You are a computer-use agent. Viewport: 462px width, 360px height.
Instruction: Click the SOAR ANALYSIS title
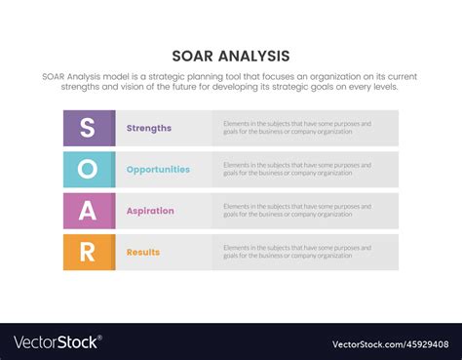(231, 56)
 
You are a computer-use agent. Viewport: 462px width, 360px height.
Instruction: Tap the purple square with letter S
(88, 128)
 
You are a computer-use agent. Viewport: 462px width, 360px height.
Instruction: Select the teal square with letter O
(88, 170)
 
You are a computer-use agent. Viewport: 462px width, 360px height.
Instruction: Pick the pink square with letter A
(88, 211)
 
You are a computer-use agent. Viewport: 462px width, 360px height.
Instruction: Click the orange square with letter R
(88, 252)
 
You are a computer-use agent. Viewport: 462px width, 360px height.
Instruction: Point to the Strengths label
(148, 128)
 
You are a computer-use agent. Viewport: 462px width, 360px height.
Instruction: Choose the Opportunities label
(158, 170)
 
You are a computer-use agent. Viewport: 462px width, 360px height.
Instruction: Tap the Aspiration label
(150, 211)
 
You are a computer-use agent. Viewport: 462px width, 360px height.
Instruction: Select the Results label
(142, 253)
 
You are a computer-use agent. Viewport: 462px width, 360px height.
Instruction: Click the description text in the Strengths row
(297, 128)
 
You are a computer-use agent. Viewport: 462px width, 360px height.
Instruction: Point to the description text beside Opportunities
(297, 170)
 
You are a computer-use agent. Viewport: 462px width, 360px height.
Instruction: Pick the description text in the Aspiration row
(297, 211)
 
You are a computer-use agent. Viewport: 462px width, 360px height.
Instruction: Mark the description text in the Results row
(297, 253)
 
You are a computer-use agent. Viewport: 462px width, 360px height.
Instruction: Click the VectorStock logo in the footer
(56, 342)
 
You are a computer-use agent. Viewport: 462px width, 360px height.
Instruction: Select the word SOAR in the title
(191, 56)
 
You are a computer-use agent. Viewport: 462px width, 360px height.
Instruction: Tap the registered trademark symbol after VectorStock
(100, 338)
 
